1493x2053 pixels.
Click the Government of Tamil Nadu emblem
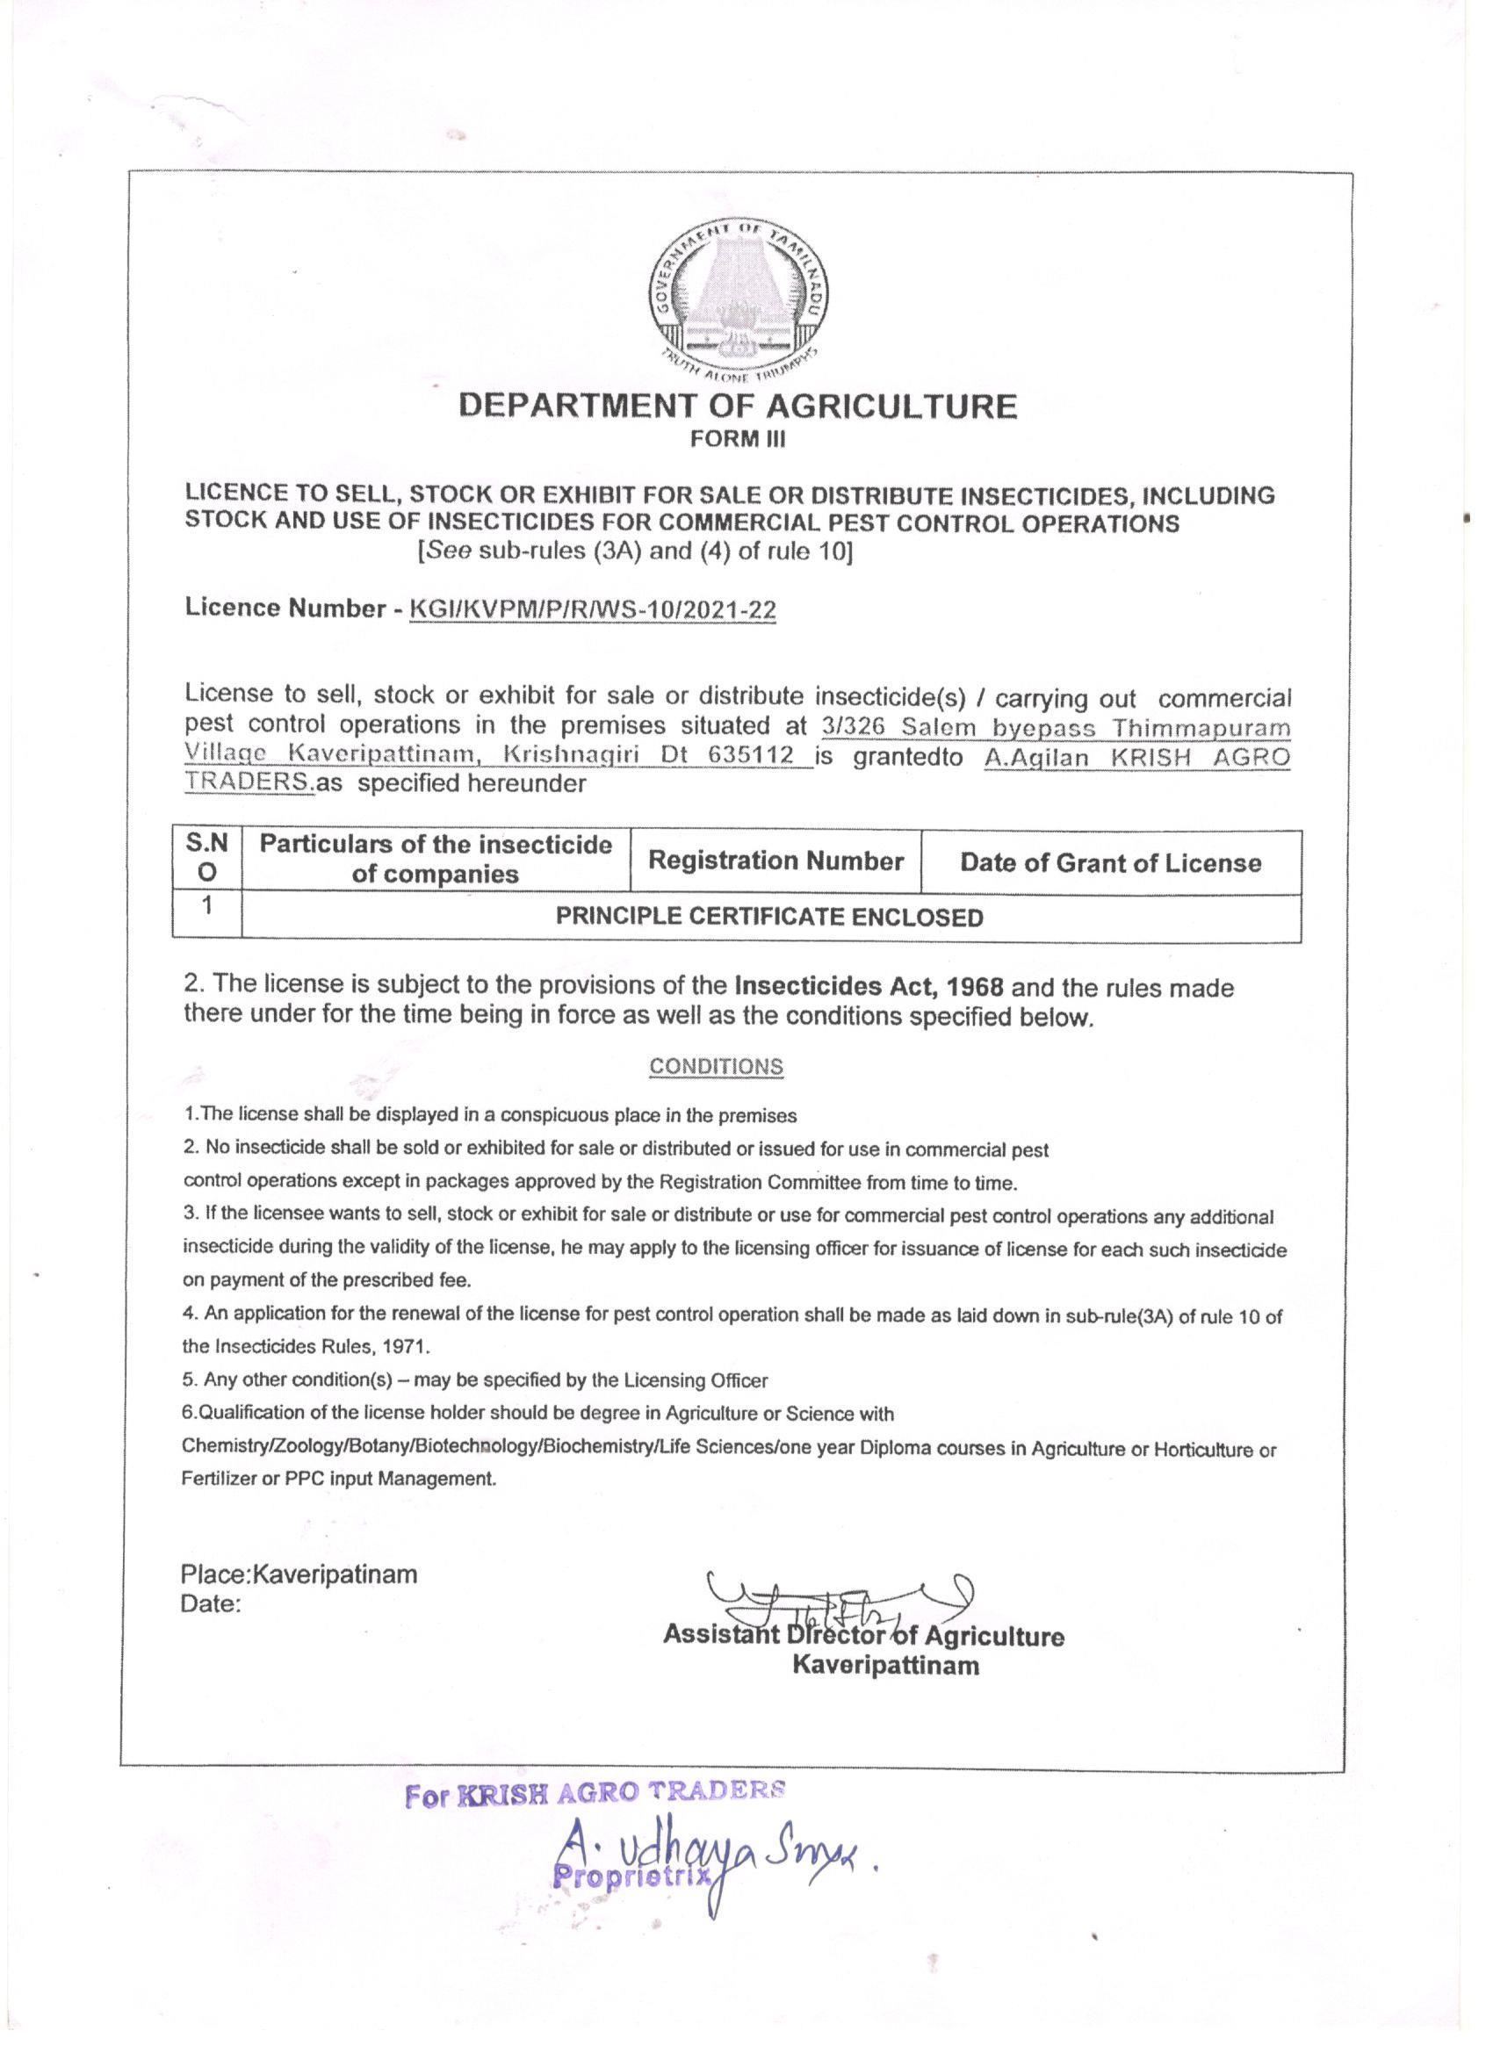[738, 299]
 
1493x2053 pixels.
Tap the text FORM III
[738, 440]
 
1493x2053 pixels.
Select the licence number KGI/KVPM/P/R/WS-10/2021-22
[593, 610]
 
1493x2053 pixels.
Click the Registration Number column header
[776, 861]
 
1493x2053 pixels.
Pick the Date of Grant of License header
[1110, 862]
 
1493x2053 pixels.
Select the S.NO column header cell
[207, 858]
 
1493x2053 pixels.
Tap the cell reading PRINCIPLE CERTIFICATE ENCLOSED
[768, 918]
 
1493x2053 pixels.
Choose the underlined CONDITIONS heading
[715, 1066]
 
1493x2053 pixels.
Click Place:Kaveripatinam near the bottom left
[299, 1574]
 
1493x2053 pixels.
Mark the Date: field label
[211, 1604]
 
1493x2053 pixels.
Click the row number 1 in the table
[207, 906]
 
